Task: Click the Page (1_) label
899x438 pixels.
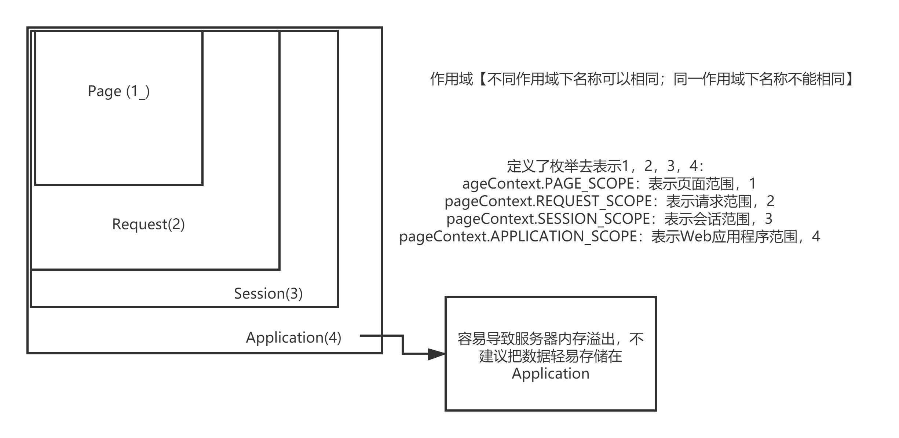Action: pyautogui.click(x=119, y=91)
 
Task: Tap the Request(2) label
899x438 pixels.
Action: pyautogui.click(x=148, y=224)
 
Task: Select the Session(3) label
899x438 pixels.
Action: pyautogui.click(x=268, y=293)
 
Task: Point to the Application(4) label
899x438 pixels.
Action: pyautogui.click(x=293, y=337)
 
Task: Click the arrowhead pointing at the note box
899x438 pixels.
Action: pyautogui.click(x=436, y=354)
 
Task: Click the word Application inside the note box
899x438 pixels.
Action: pyautogui.click(x=551, y=374)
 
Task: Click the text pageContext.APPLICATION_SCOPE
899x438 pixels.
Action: pyautogui.click(x=518, y=236)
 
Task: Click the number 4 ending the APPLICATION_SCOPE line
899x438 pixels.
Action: pyautogui.click(x=816, y=236)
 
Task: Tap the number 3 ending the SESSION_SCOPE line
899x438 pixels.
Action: pyautogui.click(x=768, y=219)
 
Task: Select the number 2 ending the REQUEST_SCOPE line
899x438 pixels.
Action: pyautogui.click(x=770, y=201)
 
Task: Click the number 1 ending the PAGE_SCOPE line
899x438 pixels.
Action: pyautogui.click(x=753, y=183)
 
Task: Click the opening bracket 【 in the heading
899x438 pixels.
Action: pyautogui.click(x=482, y=79)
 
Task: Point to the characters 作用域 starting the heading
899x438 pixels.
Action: pyautogui.click(x=452, y=79)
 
